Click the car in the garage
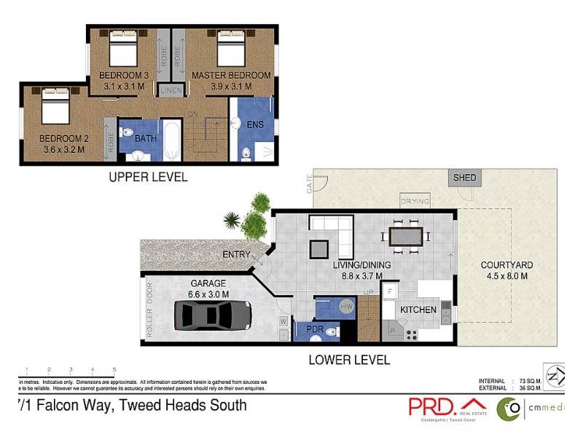pos(213,315)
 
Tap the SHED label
pos(464,178)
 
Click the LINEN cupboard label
pos(171,91)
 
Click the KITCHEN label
pos(418,310)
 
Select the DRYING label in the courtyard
pos(415,201)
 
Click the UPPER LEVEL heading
pos(148,176)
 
